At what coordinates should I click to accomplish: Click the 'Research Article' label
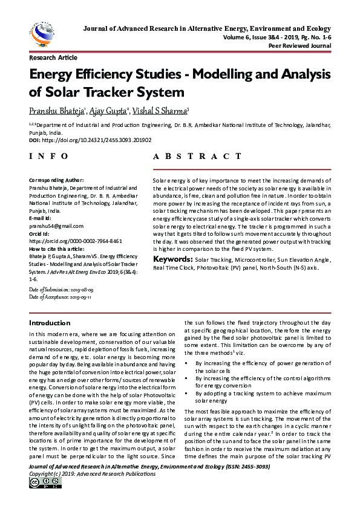pyautogui.click(x=53, y=58)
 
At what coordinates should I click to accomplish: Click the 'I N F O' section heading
pyautogui.click(x=49, y=156)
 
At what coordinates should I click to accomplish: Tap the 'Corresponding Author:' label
pyautogui.click(x=56, y=180)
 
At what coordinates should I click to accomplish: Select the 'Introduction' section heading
pyautogui.click(x=50, y=323)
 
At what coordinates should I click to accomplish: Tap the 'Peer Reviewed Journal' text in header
pyautogui.click(x=299, y=45)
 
